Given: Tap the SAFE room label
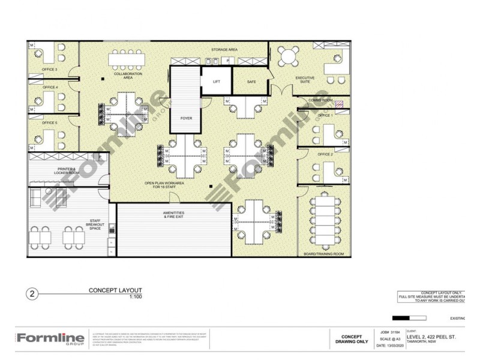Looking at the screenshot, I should (x=251, y=82).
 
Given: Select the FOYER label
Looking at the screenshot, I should (x=186, y=118).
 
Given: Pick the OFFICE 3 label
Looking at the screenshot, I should (x=50, y=70).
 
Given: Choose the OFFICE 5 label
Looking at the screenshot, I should (x=50, y=122).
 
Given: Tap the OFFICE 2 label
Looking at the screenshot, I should (x=325, y=154).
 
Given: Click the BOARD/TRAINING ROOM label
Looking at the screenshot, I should (x=325, y=254).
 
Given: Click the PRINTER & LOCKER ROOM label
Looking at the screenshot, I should (x=66, y=172).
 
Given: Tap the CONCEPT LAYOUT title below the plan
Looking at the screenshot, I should (x=115, y=290).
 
